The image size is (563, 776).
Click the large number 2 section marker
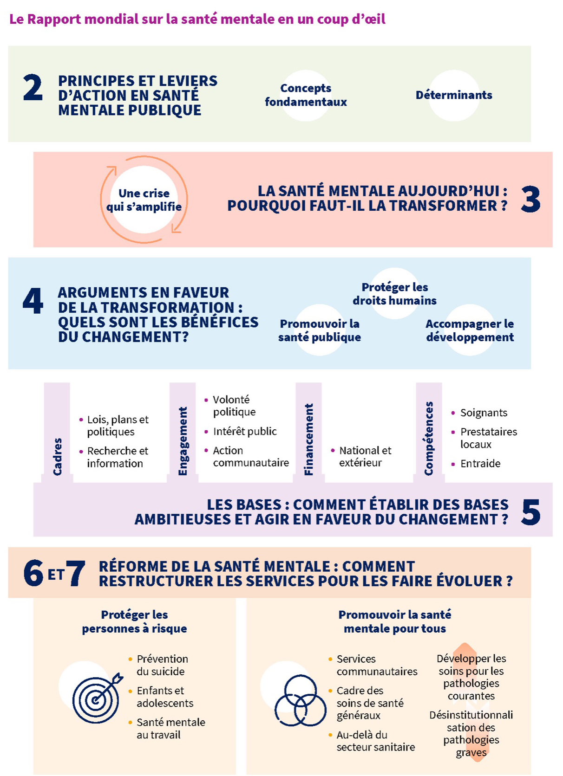(x=33, y=88)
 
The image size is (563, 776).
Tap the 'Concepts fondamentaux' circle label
(x=306, y=95)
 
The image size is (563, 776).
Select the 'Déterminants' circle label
(x=454, y=95)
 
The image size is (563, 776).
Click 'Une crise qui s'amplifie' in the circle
(x=144, y=200)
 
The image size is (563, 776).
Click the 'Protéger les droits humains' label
(x=394, y=293)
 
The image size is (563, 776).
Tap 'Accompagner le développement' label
(x=470, y=330)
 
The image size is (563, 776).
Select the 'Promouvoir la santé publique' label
(x=319, y=330)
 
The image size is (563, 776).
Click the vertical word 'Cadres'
(x=57, y=457)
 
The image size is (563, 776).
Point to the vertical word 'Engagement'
(x=183, y=440)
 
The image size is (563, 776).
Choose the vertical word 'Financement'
(x=308, y=439)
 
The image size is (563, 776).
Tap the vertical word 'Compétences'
(x=429, y=438)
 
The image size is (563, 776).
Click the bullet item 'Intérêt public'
(x=245, y=431)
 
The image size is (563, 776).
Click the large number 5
(x=530, y=512)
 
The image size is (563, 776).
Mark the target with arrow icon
(x=98, y=698)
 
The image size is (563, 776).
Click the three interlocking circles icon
(x=300, y=700)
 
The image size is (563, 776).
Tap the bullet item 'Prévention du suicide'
(x=158, y=665)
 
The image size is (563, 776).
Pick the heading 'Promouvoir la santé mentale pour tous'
(x=394, y=621)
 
